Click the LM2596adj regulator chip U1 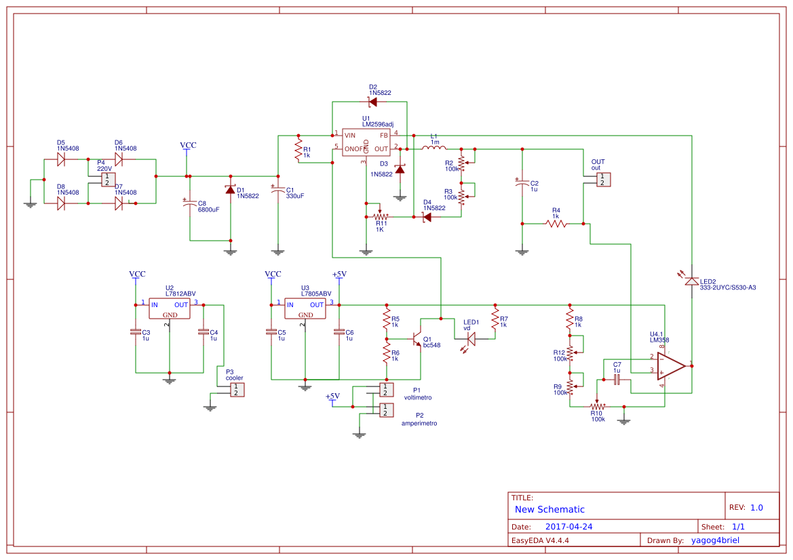(366, 142)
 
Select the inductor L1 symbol (434, 148)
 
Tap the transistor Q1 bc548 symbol (416, 337)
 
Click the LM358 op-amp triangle (672, 366)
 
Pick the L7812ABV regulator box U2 (170, 309)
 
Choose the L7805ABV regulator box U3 (305, 309)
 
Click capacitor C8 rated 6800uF (189, 203)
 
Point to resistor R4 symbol (556, 223)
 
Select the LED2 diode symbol (691, 281)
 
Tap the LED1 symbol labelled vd (471, 340)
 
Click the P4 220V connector (108, 180)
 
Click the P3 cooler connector (236, 390)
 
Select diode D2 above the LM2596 (372, 102)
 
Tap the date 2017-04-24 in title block (569, 527)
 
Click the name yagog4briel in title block (715, 540)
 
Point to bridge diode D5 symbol (61, 159)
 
